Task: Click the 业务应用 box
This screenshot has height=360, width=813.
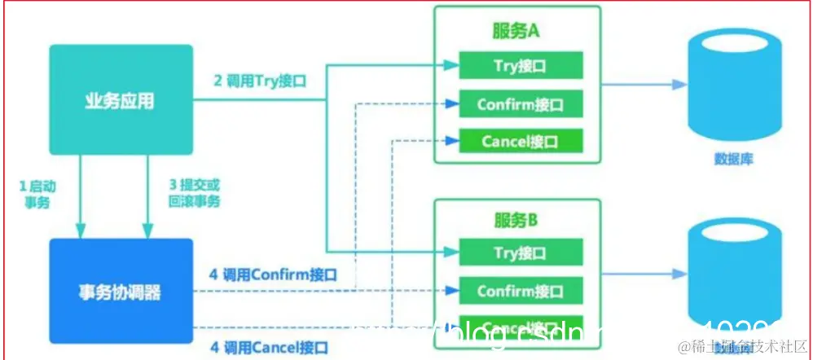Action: click(x=121, y=100)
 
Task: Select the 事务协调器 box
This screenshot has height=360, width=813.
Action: click(x=121, y=291)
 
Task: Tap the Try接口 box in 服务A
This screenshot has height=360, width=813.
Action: click(x=521, y=66)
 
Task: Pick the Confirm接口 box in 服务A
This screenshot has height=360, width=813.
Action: click(x=521, y=104)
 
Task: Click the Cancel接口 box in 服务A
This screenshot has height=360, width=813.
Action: click(x=521, y=142)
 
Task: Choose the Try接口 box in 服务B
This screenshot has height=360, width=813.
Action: click(x=521, y=252)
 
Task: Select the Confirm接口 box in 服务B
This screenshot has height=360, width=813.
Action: click(x=521, y=291)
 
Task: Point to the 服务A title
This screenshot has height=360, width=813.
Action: click(x=516, y=33)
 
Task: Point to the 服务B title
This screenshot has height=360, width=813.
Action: click(x=516, y=220)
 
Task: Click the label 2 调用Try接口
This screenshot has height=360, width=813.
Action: click(x=258, y=81)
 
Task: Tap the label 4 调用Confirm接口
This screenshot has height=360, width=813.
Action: click(x=272, y=274)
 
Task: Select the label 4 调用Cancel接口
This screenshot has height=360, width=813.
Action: click(x=268, y=348)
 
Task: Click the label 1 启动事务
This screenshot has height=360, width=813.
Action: click(x=33, y=195)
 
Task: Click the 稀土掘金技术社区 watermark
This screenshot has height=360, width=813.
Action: click(x=742, y=346)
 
